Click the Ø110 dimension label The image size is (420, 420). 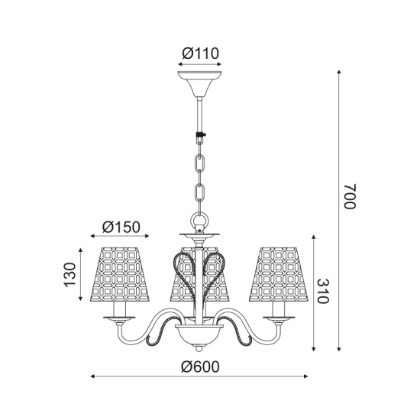click(201, 53)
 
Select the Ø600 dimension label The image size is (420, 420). click(200, 366)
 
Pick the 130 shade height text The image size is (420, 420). click(69, 273)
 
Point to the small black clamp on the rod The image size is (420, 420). click(201, 137)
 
